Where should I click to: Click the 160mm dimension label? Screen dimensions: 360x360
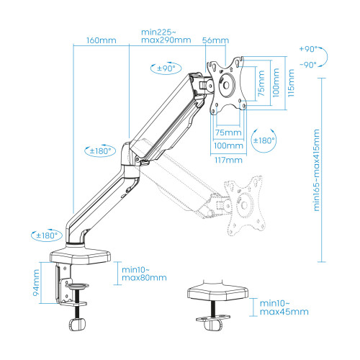click(102, 40)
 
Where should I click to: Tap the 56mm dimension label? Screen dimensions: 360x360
click(215, 40)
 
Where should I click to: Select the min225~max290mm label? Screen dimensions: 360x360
click(166, 36)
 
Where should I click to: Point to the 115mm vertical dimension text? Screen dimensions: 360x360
click(291, 83)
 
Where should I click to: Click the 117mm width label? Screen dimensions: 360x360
click(228, 160)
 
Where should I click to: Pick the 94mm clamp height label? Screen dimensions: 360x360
click(36, 282)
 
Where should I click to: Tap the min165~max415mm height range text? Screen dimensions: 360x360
click(317, 170)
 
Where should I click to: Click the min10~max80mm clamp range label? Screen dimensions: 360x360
click(144, 274)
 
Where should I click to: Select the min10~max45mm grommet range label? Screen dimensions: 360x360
click(284, 307)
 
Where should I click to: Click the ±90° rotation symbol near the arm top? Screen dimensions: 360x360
click(166, 68)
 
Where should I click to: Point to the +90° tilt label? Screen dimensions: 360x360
click(308, 49)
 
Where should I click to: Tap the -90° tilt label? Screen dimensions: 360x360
click(308, 65)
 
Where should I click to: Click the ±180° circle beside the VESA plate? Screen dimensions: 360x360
click(264, 140)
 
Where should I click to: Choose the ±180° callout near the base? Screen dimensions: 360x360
click(47, 235)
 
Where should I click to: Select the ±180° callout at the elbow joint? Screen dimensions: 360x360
click(100, 150)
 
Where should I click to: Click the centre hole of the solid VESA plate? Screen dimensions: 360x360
click(226, 85)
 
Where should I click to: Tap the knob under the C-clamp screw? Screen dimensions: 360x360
click(77, 325)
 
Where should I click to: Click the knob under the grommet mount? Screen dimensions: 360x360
click(213, 325)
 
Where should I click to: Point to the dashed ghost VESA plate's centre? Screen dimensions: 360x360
click(244, 205)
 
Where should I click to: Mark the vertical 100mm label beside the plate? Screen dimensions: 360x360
click(276, 83)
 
